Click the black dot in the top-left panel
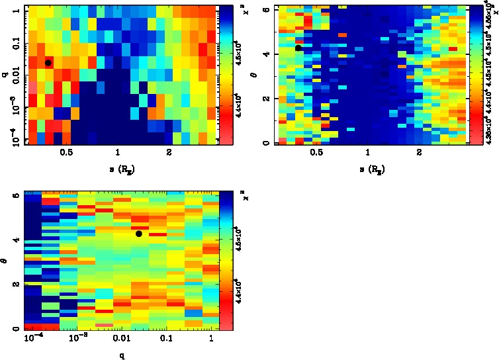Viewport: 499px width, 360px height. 48,63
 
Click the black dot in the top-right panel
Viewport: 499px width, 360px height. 298,48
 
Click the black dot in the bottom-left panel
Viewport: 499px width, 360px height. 139,234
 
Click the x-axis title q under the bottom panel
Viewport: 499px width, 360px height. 122,355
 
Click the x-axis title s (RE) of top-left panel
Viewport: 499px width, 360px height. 118,170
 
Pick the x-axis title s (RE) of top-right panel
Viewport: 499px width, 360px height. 368,170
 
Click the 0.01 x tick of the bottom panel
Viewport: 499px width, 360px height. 122,339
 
